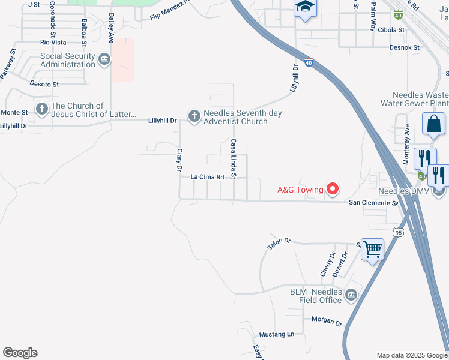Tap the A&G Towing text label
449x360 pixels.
tap(300, 190)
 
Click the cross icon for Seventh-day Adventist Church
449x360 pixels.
tap(194, 117)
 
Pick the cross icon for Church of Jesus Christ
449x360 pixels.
tap(41, 109)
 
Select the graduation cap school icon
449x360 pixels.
tap(304, 7)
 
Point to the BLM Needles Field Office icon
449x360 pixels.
tap(351, 295)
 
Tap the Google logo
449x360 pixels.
tap(20, 353)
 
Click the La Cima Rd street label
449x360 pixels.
tap(207, 178)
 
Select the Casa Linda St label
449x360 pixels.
tap(234, 158)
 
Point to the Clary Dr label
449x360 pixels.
tap(179, 160)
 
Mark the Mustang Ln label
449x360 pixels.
tap(277, 334)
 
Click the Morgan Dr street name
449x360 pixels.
tap(327, 321)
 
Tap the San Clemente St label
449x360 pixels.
tap(374, 203)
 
